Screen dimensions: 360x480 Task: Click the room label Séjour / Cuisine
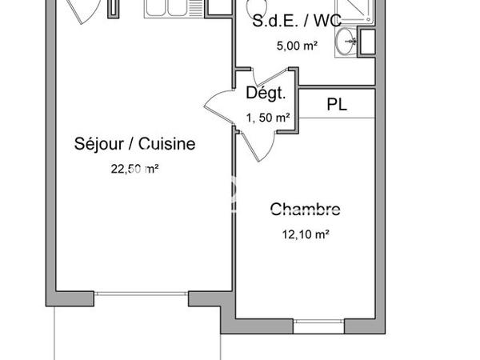point(134,145)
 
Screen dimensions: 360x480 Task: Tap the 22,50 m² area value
point(134,168)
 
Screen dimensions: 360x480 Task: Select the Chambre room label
point(305,210)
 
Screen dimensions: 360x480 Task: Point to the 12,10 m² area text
point(305,234)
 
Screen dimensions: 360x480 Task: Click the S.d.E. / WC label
point(297,22)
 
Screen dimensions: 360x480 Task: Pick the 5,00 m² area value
point(297,46)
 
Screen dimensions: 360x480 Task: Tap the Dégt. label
point(266,94)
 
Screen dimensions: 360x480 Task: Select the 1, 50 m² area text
point(267,118)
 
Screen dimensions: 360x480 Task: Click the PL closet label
point(337,103)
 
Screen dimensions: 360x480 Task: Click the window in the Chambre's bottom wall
point(318,326)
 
